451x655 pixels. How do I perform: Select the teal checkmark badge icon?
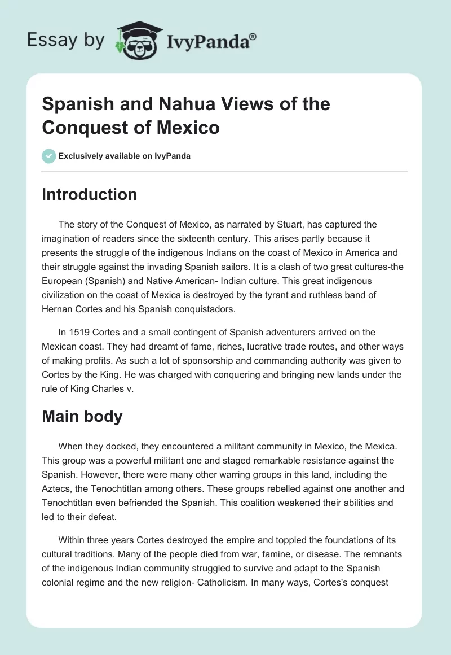click(49, 156)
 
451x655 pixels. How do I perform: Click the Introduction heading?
click(89, 194)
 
